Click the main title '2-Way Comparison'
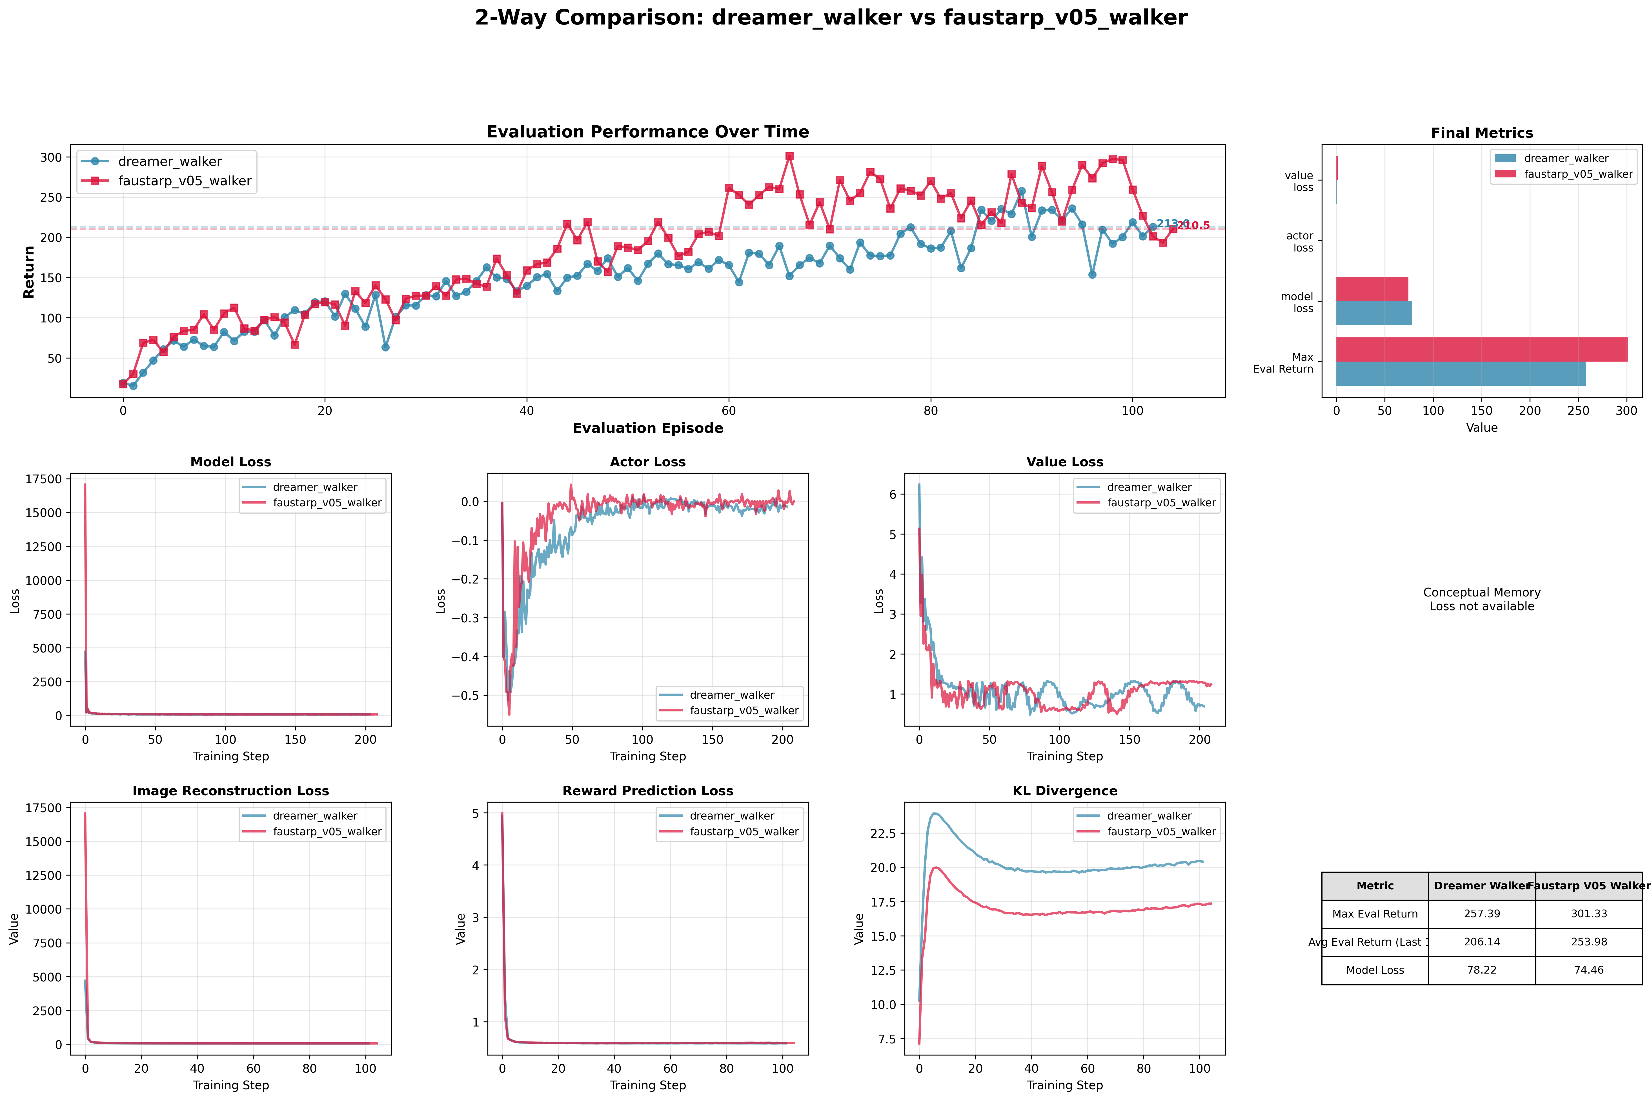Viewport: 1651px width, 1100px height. (831, 17)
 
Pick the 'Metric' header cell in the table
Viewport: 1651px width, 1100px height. (1375, 885)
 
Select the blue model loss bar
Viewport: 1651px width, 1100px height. (1373, 314)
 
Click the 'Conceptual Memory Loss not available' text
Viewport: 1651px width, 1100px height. (1481, 599)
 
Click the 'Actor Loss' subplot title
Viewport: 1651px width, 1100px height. (647, 462)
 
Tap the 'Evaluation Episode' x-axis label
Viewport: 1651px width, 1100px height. (647, 428)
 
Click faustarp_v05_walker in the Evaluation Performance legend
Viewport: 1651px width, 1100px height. (184, 181)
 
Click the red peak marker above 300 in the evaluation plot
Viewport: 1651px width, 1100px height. (789, 156)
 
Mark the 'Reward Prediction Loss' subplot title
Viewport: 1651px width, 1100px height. (647, 791)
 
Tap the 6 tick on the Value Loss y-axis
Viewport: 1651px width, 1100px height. (893, 495)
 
